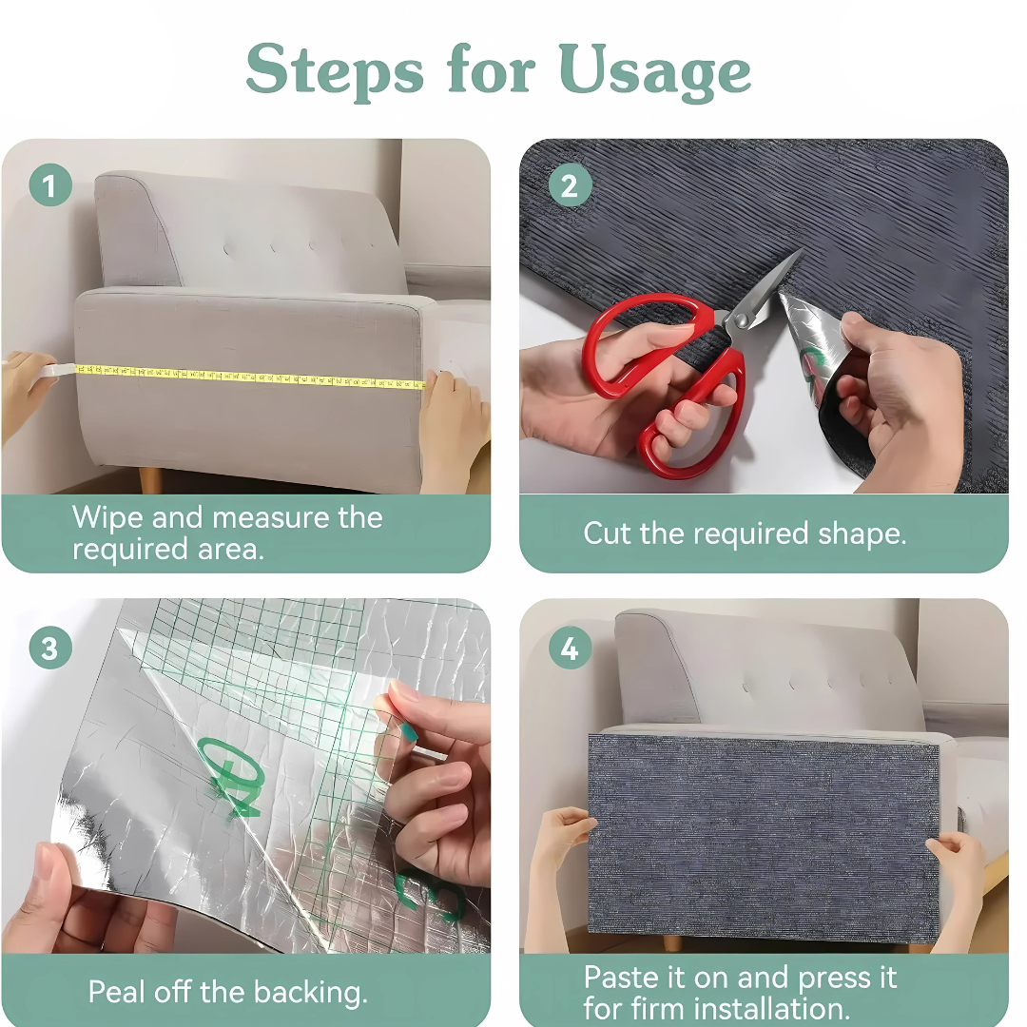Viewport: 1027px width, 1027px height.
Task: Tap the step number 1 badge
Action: [50, 185]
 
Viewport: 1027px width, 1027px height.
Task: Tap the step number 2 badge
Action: [570, 185]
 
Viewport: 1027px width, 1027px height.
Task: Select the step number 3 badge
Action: [50, 648]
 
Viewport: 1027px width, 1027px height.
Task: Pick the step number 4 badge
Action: [570, 648]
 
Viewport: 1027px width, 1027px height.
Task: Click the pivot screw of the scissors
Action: [741, 320]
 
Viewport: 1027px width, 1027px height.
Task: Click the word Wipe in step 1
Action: [107, 518]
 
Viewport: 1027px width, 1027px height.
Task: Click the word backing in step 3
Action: [310, 993]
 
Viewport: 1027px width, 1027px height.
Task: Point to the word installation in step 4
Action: [770, 1009]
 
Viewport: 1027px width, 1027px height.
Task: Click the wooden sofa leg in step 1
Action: [150, 480]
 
